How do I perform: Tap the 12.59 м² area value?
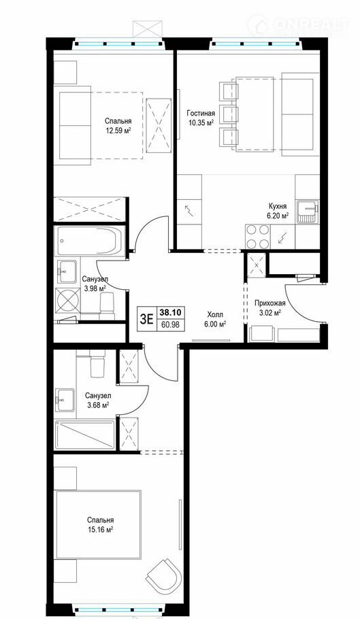coord(118,131)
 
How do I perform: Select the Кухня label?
coord(278,206)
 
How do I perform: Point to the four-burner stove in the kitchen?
coord(257,237)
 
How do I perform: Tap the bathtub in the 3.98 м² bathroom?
coord(90,240)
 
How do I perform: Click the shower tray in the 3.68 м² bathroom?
coord(85,435)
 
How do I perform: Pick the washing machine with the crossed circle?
coord(67,301)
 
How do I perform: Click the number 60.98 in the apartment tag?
coord(170,325)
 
